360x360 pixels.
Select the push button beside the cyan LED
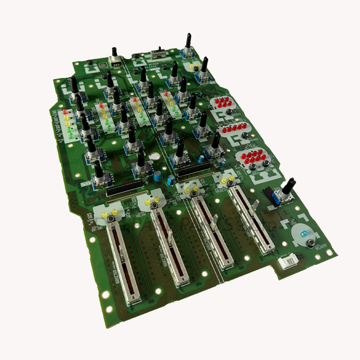coord(309,244)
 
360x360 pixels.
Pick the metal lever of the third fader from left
coord(213,221)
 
